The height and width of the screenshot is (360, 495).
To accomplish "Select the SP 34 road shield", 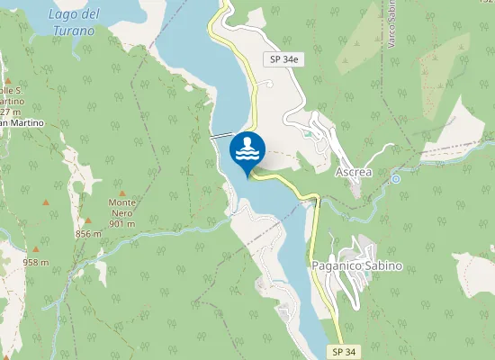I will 337,350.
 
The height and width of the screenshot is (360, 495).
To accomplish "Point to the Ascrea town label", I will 353,171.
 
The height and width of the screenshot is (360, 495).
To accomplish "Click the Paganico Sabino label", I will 356,266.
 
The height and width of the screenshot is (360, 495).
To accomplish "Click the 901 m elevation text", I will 121,223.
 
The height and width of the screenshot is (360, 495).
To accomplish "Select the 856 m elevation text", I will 89,234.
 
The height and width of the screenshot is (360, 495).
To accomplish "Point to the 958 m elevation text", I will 35,263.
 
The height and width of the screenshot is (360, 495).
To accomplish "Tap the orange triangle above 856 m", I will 88,220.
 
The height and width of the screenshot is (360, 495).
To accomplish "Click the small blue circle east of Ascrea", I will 395,179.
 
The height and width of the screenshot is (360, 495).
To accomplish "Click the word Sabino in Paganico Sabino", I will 382,266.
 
